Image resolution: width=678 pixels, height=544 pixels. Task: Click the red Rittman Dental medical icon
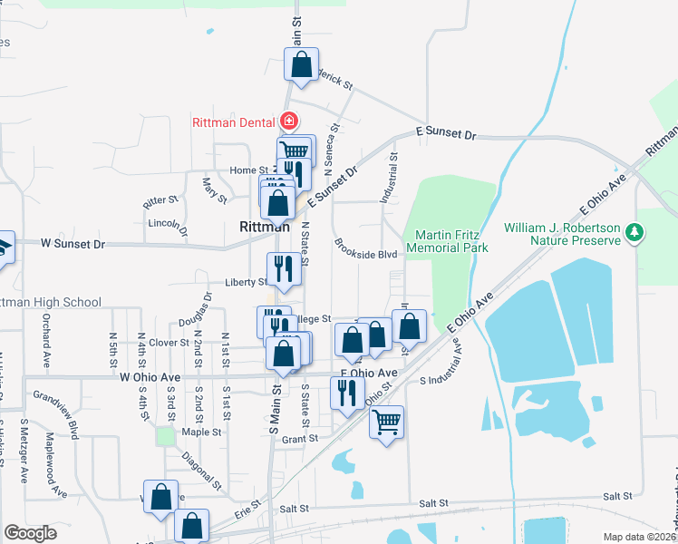(289, 121)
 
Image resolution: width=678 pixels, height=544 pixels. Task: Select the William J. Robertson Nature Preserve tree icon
(635, 232)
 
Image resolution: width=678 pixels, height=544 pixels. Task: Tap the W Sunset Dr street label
(73, 244)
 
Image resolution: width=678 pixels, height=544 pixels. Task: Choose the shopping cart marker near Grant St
(387, 422)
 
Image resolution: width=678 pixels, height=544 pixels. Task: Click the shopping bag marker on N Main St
(302, 64)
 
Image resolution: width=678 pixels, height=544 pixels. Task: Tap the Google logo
(30, 532)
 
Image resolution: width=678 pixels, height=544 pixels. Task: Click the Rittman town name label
(265, 227)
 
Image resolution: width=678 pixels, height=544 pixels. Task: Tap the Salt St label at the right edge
(617, 496)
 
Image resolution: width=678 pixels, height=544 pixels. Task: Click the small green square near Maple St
(165, 436)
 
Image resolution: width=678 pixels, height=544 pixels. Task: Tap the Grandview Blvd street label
(57, 414)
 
